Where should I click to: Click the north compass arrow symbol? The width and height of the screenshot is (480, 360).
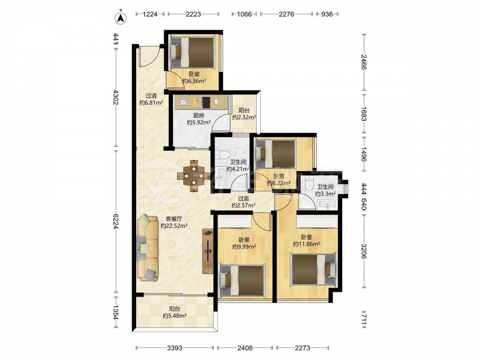(120, 18)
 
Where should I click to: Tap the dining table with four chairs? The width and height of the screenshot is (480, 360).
(193, 176)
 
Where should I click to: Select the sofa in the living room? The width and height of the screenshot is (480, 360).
(147, 248)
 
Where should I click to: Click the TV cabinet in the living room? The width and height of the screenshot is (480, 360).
(207, 252)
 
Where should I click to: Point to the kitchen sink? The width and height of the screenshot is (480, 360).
(183, 102)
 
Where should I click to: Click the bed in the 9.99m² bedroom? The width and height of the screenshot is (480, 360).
(242, 280)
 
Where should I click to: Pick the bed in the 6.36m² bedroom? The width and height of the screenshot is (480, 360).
(192, 52)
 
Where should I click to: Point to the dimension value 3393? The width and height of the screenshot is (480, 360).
(175, 348)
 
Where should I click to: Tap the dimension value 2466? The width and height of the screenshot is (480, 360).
(364, 62)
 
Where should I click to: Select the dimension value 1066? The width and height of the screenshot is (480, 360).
(244, 14)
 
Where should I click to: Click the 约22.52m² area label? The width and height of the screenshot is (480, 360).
(174, 226)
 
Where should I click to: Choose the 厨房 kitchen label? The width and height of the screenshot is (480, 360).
(199, 115)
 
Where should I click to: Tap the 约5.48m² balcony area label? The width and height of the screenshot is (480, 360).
(175, 316)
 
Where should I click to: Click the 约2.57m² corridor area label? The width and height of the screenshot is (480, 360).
(243, 205)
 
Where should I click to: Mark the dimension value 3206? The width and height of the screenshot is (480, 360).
(364, 251)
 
